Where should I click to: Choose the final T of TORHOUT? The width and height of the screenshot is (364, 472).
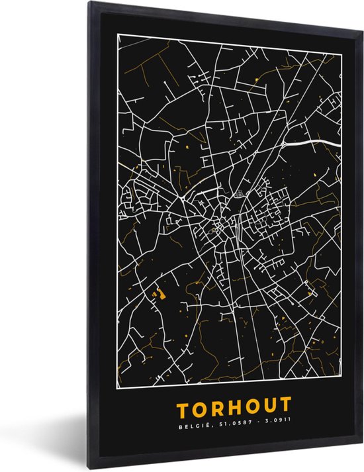point(285,404)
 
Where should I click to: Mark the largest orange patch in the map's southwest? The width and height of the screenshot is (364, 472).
point(158,292)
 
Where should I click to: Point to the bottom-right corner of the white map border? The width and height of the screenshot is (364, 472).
point(341,388)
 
